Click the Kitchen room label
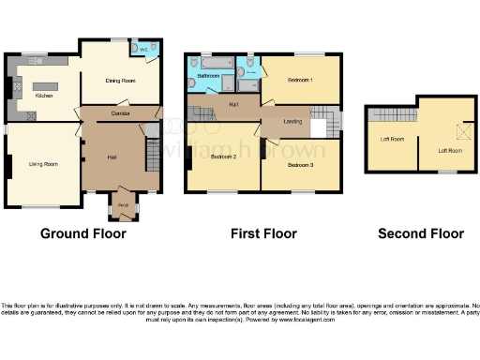(44, 95)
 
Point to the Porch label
(123, 203)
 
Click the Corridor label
(120, 112)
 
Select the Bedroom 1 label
(299, 81)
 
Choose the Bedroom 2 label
(223, 157)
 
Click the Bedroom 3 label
(300, 165)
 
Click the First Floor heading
(263, 233)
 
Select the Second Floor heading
(421, 233)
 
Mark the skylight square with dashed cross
(458, 132)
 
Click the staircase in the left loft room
(391, 114)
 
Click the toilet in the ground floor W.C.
(137, 48)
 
